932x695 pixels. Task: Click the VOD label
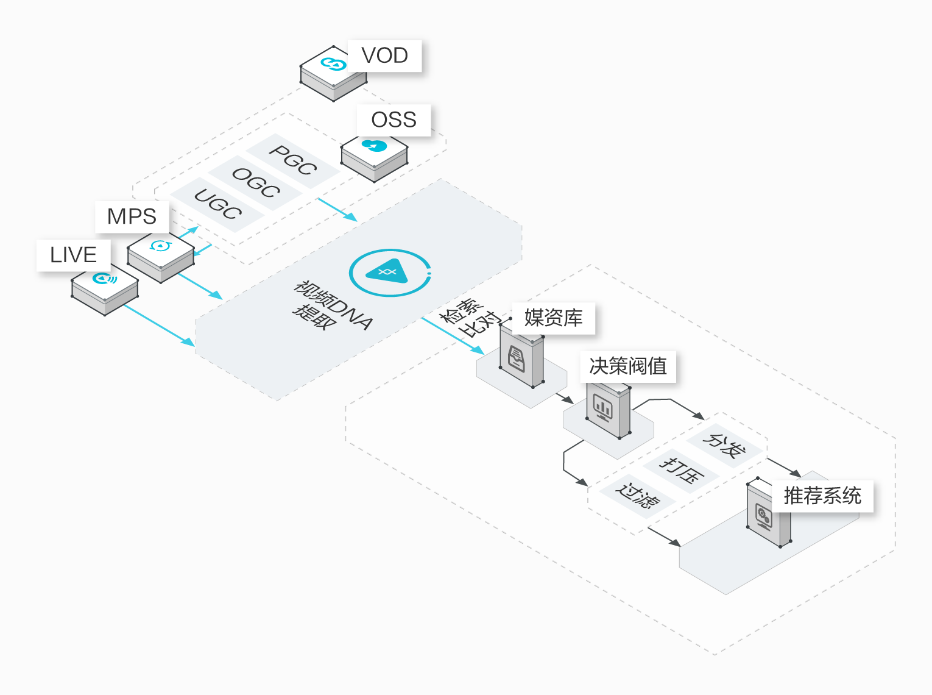point(384,55)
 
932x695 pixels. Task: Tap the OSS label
point(394,119)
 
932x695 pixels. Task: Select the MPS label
point(132,216)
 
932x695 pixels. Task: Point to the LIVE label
point(73,255)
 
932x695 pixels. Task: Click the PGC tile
point(293,160)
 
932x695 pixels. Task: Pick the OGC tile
point(256,183)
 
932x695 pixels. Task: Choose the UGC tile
point(217,204)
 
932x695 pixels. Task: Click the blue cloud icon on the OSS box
point(374,146)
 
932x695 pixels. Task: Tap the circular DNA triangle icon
point(389,273)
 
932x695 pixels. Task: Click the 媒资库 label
point(553,318)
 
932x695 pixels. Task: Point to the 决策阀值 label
point(628,366)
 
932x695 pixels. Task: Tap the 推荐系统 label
point(822,496)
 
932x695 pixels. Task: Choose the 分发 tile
point(724,446)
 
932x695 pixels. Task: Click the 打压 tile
point(682,470)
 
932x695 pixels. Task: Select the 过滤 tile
point(637,496)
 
